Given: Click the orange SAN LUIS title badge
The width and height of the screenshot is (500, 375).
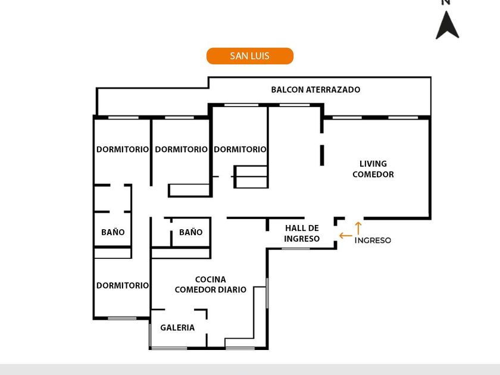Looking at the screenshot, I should click(250, 56).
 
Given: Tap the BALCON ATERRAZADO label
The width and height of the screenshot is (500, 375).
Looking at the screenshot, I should click(315, 90).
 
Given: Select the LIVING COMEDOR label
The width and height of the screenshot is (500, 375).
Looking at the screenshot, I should click(373, 169).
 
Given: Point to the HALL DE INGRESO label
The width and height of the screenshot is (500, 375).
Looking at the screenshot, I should click(302, 233).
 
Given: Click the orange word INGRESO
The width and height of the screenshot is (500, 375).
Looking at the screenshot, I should click(373, 240).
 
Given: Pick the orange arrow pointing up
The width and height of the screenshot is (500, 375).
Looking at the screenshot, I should click(358, 228).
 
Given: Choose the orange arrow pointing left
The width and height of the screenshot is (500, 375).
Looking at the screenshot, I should click(345, 236).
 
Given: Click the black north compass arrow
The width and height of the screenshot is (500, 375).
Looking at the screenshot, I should click(447, 25).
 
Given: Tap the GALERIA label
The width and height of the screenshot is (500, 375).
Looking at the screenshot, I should click(177, 327).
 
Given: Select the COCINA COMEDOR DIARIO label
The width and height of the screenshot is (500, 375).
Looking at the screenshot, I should click(210, 285).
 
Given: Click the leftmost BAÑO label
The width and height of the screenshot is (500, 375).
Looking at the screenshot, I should click(112, 232).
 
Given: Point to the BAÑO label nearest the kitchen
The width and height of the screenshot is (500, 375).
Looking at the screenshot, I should click(190, 232).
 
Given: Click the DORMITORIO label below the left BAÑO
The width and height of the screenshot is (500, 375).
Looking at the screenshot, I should click(123, 286).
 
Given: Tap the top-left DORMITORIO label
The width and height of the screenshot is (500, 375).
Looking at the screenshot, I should click(123, 149).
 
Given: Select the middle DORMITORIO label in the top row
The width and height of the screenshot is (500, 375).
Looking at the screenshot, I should click(181, 149).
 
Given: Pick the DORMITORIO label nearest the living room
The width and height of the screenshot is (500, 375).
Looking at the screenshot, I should click(240, 149).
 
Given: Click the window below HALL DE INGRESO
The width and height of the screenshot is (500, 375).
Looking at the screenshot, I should click(296, 248).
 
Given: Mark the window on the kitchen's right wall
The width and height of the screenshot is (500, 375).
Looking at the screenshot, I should click(267, 293).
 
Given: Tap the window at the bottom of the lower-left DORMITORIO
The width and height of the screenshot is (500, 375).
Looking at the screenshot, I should click(122, 318).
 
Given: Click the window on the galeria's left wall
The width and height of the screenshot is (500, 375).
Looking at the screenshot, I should click(149, 335).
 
